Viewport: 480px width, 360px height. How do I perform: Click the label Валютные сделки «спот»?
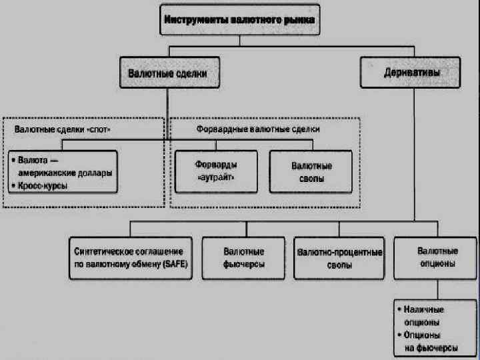point(63,129)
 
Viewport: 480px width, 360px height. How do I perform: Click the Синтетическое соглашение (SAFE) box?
point(130,257)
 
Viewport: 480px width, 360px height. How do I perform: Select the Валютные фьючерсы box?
point(242,257)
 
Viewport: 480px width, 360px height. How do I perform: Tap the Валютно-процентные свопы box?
point(339,257)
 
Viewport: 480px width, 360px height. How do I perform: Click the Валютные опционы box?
point(437,257)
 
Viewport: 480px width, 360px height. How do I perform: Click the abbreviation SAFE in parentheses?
point(177,264)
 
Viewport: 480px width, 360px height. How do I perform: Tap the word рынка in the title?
point(301,21)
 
